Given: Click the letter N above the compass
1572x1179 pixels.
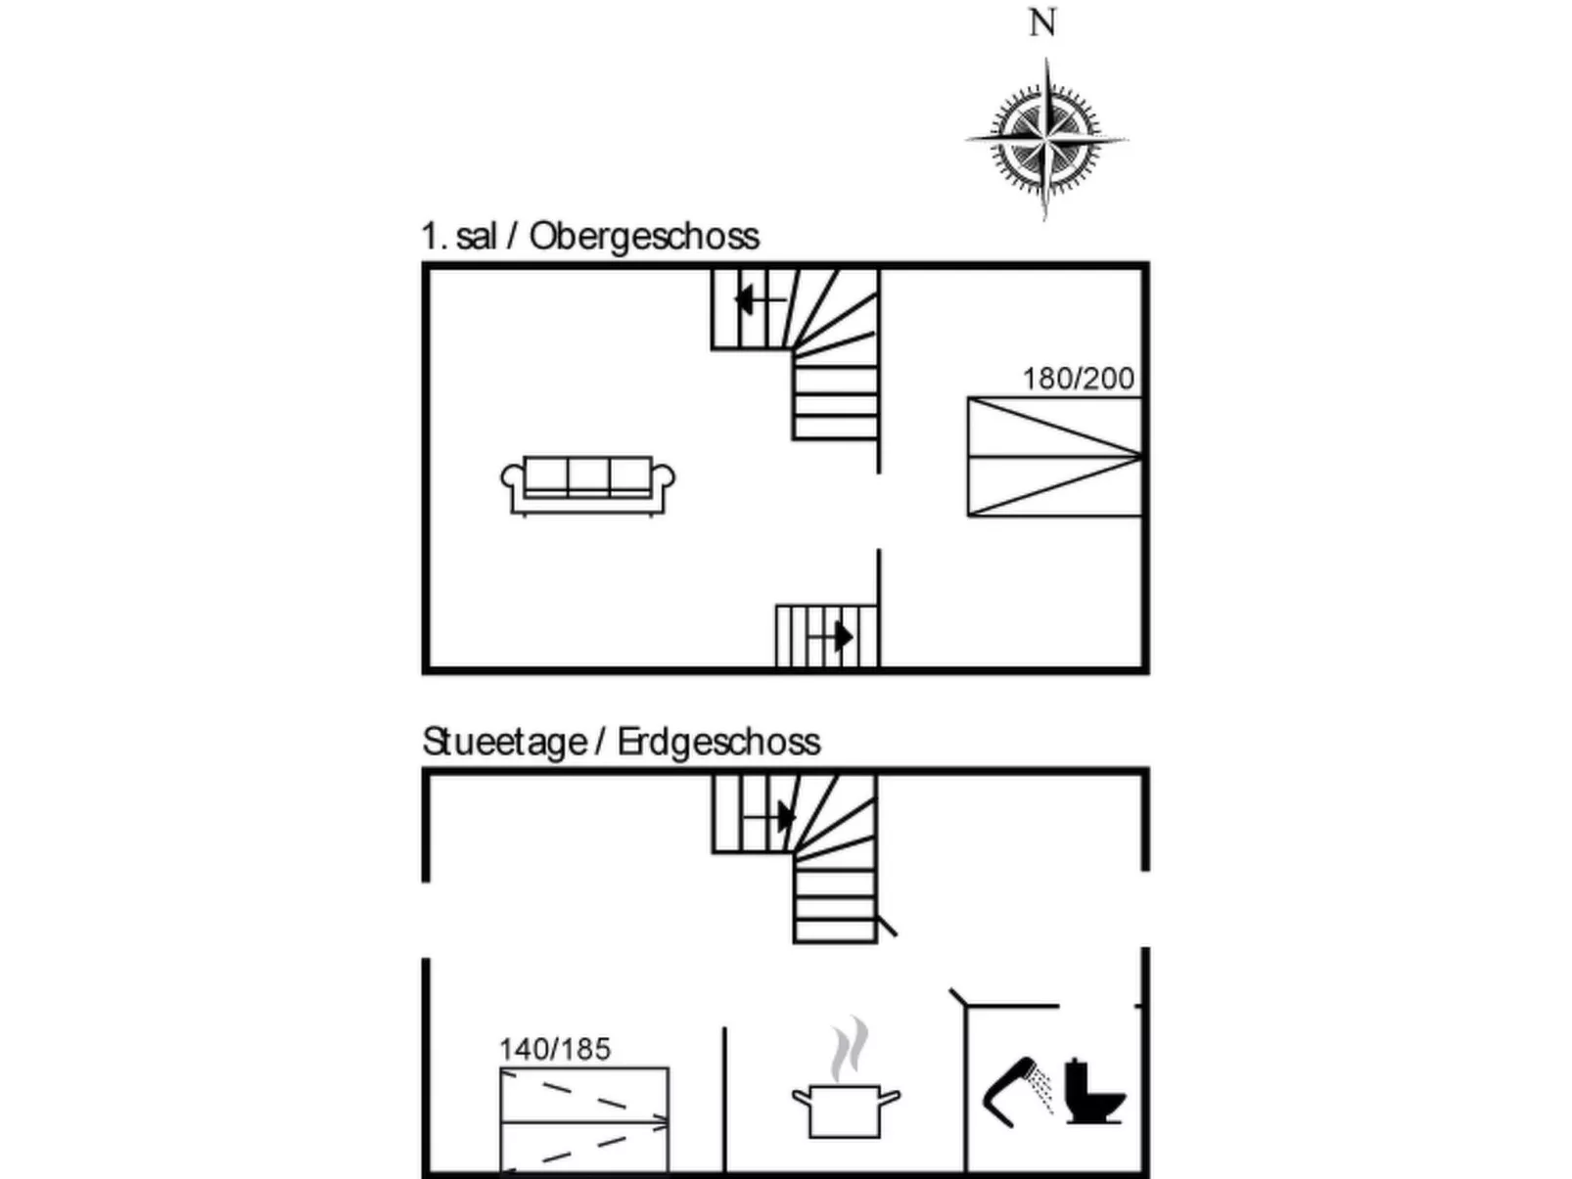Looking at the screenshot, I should click(1042, 23).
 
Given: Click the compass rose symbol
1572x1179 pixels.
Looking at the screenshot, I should click(1045, 140).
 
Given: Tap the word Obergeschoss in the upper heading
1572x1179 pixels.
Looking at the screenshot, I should click(644, 237).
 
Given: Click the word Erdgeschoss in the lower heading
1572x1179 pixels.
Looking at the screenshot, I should click(718, 743).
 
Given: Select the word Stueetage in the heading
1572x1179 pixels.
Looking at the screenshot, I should click(504, 743).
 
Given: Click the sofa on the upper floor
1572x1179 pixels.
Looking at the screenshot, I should click(587, 484).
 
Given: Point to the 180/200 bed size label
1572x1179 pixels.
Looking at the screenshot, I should click(1078, 379).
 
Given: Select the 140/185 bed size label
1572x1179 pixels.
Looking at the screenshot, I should click(555, 1049).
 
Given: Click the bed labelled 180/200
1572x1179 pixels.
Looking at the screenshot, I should click(1054, 456).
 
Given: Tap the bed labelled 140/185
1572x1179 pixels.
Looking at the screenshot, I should click(584, 1120).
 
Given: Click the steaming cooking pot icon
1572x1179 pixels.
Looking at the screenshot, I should click(846, 1111).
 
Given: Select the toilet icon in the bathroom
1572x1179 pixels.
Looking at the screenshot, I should click(1093, 1093).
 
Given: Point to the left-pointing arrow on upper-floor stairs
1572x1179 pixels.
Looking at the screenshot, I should click(748, 299).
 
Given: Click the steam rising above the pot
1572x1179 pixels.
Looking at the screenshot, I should click(850, 1049).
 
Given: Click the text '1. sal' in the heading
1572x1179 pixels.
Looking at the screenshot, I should click(458, 237).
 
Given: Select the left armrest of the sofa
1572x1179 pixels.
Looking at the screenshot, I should click(512, 478).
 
